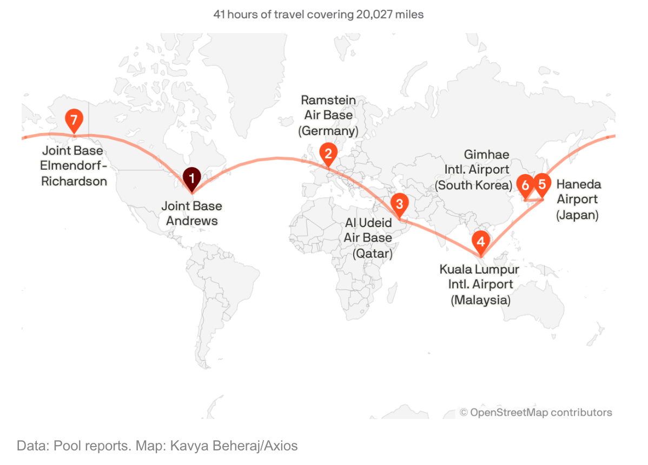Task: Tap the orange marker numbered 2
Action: pyautogui.click(x=328, y=153)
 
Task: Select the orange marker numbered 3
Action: pyautogui.click(x=399, y=204)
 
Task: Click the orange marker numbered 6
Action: pyautogui.click(x=525, y=185)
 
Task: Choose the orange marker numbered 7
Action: pyautogui.click(x=73, y=118)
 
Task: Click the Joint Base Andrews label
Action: pyautogui.click(x=191, y=213)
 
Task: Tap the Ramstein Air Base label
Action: pyautogui.click(x=328, y=115)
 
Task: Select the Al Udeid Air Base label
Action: pyautogui.click(x=368, y=238)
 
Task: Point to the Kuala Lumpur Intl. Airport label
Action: pyautogui.click(x=479, y=284)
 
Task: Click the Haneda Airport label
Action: pyautogui.click(x=578, y=200)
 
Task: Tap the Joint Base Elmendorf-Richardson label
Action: pyautogui.click(x=73, y=165)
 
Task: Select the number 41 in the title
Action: pyautogui.click(x=219, y=15)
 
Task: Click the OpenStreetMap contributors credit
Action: pyautogui.click(x=536, y=413)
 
